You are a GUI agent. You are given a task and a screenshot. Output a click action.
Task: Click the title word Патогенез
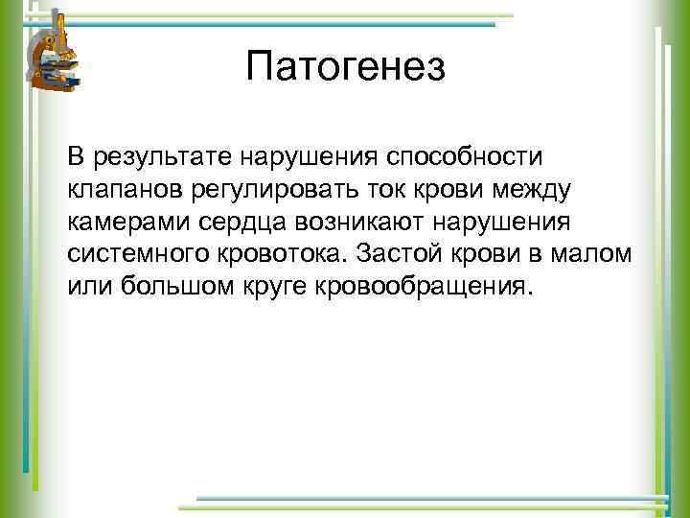pos(345,68)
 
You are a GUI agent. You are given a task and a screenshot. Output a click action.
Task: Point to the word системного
pos(128,255)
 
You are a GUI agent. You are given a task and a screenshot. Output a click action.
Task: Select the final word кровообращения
pos(420,289)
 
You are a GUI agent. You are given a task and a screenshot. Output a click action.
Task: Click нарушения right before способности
pos(312,155)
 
